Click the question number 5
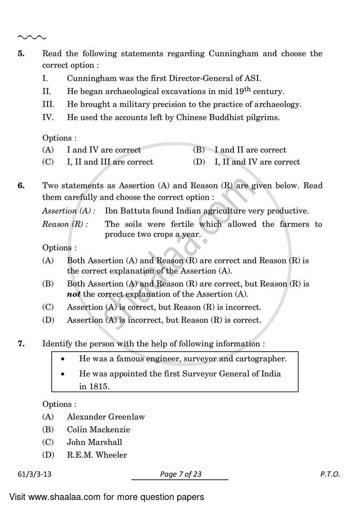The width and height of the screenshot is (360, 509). [21, 54]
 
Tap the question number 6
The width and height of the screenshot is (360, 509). [21, 186]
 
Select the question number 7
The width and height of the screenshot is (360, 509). [21, 344]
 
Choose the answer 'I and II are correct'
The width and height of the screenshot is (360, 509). [250, 150]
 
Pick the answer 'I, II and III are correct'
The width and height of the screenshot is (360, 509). [110, 162]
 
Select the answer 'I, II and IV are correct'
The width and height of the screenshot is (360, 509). [257, 162]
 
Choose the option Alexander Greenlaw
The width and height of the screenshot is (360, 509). [106, 417]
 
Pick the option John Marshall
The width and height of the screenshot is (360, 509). [94, 442]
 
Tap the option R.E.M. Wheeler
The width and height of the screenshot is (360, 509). [97, 455]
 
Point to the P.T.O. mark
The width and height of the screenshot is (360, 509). [330, 474]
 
